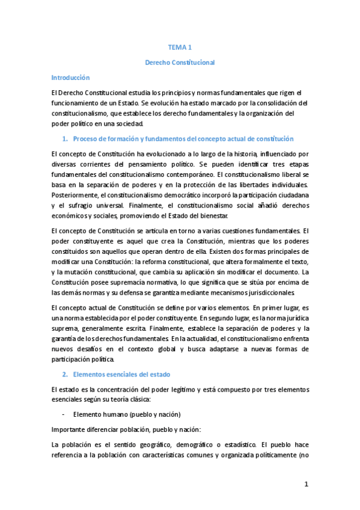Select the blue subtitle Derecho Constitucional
point(180,62)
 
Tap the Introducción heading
point(70,78)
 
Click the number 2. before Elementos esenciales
point(66,374)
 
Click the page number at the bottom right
point(306,485)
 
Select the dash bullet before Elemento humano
point(64,414)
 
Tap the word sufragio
point(88,206)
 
